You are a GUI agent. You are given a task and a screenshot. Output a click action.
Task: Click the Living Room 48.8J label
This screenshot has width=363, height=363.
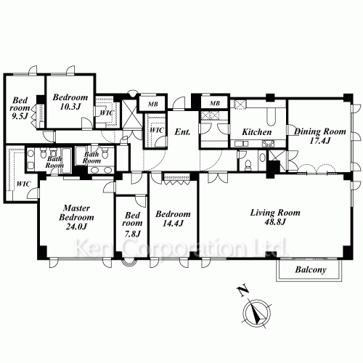(x=275, y=217)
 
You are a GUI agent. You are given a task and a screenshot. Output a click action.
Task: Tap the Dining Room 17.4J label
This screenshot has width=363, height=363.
(x=320, y=136)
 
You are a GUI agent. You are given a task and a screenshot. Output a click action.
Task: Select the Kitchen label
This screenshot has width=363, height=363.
(x=257, y=132)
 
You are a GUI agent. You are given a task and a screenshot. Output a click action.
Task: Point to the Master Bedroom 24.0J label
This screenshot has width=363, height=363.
(x=76, y=217)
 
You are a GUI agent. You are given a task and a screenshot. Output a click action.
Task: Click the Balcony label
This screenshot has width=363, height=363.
(x=311, y=270)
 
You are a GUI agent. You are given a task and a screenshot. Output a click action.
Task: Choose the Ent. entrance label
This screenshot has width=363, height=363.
(x=182, y=132)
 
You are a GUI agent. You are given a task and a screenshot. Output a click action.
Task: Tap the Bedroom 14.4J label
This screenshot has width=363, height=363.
(x=173, y=219)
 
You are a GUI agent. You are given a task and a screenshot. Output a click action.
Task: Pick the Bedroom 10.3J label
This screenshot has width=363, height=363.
(x=70, y=102)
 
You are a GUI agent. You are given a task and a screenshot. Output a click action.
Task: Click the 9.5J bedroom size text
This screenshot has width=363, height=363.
(x=20, y=116)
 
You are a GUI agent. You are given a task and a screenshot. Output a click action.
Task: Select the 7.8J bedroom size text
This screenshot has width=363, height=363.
(x=132, y=234)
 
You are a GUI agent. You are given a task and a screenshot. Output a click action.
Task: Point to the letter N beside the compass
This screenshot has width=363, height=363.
(x=242, y=290)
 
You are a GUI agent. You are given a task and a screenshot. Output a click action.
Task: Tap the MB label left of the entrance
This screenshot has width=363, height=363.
(x=153, y=104)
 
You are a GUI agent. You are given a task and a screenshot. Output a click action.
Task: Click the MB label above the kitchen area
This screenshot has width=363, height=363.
(x=215, y=104)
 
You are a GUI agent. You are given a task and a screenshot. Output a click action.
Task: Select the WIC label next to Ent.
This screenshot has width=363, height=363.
(x=156, y=130)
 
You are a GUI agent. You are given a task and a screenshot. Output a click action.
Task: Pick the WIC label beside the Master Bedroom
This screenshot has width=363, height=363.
(x=23, y=184)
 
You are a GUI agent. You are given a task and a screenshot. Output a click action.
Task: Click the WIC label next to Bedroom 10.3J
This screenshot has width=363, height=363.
(x=106, y=113)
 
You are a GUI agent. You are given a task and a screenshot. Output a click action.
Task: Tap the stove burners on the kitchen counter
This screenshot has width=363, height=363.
(x=268, y=144)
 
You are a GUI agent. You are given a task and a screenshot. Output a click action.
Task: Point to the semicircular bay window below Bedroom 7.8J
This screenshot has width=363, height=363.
(x=129, y=263)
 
